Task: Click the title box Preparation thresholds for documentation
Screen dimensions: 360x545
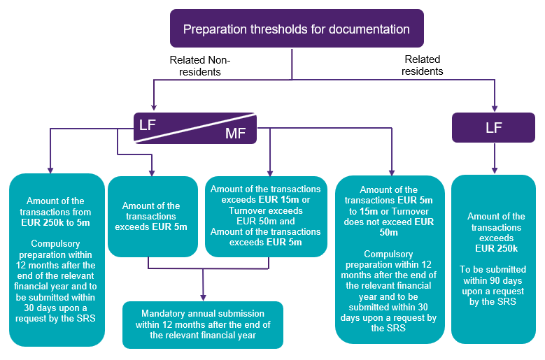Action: (x=296, y=29)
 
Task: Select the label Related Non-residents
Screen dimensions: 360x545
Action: (x=200, y=66)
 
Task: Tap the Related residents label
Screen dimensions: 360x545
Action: (x=423, y=66)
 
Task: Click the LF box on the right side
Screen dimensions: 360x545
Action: (x=494, y=127)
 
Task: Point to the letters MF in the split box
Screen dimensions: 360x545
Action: (x=236, y=133)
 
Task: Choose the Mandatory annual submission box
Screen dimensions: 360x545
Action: (x=202, y=324)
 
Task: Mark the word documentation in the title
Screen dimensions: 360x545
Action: (x=371, y=29)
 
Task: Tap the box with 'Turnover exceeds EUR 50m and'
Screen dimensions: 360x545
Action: (x=265, y=216)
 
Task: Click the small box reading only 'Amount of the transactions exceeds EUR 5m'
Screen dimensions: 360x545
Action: (x=152, y=216)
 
